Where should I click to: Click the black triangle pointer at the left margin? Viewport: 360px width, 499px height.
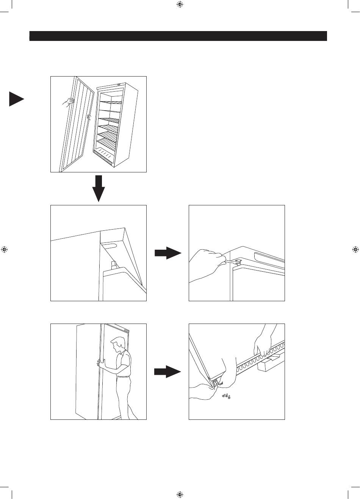[x=15, y=99]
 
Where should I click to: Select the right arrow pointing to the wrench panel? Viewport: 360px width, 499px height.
[x=168, y=253]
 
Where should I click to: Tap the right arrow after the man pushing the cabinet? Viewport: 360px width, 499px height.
[x=167, y=372]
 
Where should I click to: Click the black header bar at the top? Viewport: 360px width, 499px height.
[x=178, y=36]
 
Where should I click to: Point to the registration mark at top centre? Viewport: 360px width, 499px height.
[x=180, y=5]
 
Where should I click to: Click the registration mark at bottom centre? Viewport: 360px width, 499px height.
[x=180, y=494]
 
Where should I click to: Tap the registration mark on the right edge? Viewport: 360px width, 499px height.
[x=355, y=249]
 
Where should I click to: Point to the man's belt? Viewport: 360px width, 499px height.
[x=123, y=376]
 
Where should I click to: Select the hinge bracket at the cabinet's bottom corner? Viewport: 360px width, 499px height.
[x=216, y=383]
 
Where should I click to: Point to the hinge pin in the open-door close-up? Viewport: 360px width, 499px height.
[x=113, y=264]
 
